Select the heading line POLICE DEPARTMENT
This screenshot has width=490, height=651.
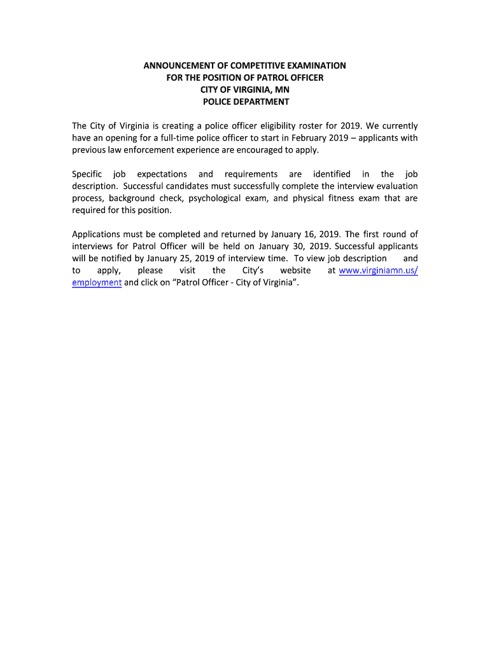click(246, 102)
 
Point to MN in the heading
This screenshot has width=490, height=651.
click(282, 90)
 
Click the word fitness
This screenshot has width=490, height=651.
click(342, 198)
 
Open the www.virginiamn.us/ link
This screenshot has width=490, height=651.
click(378, 271)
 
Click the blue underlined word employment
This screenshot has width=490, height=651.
click(97, 283)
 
